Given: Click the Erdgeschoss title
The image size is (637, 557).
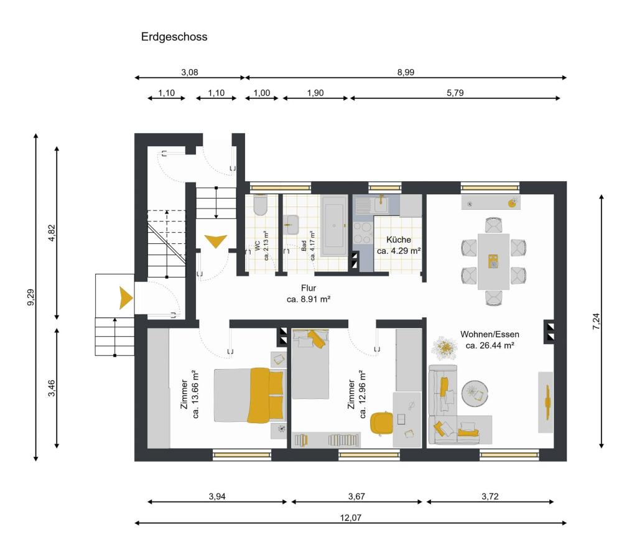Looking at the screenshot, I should [x=174, y=37].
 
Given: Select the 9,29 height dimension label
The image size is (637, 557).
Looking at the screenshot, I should [x=30, y=297].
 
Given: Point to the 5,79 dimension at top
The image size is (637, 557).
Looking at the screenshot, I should [x=455, y=93].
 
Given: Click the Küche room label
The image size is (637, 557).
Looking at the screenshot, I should [x=399, y=240].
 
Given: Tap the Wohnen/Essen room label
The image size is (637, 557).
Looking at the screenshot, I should [x=490, y=334].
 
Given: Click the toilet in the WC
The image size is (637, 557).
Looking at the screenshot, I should [x=260, y=205].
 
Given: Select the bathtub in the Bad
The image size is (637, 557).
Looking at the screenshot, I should [x=335, y=222].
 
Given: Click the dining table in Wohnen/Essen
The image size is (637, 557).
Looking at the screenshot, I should [x=493, y=261].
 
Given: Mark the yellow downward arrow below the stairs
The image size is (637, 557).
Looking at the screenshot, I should [x=215, y=240].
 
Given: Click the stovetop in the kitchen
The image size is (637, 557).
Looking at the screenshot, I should [x=362, y=232].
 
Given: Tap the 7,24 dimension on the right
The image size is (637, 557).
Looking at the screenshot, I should [x=596, y=321].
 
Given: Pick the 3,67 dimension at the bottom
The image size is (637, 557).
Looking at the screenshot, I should [x=356, y=496].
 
